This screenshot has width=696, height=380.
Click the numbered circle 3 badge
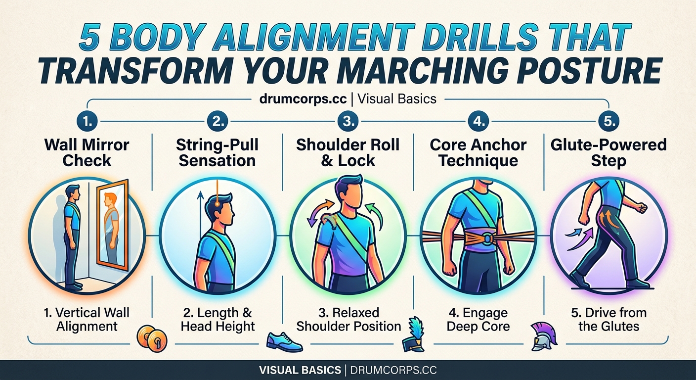tap(348, 121)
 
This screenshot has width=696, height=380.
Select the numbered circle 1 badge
tap(87, 121)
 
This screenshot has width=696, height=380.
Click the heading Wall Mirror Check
tap(87, 152)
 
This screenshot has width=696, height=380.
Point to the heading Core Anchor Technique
tap(478, 152)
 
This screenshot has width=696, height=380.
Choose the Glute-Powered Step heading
tap(609, 152)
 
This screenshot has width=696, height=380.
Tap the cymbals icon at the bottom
tap(153, 339)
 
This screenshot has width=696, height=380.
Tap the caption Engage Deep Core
tap(477, 320)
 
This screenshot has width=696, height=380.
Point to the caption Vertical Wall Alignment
tap(87, 320)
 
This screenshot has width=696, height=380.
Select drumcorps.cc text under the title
tap(303, 98)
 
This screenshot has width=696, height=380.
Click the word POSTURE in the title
tap(594, 71)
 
